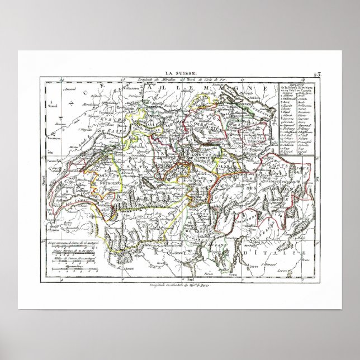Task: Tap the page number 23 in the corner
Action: tap(318, 74)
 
